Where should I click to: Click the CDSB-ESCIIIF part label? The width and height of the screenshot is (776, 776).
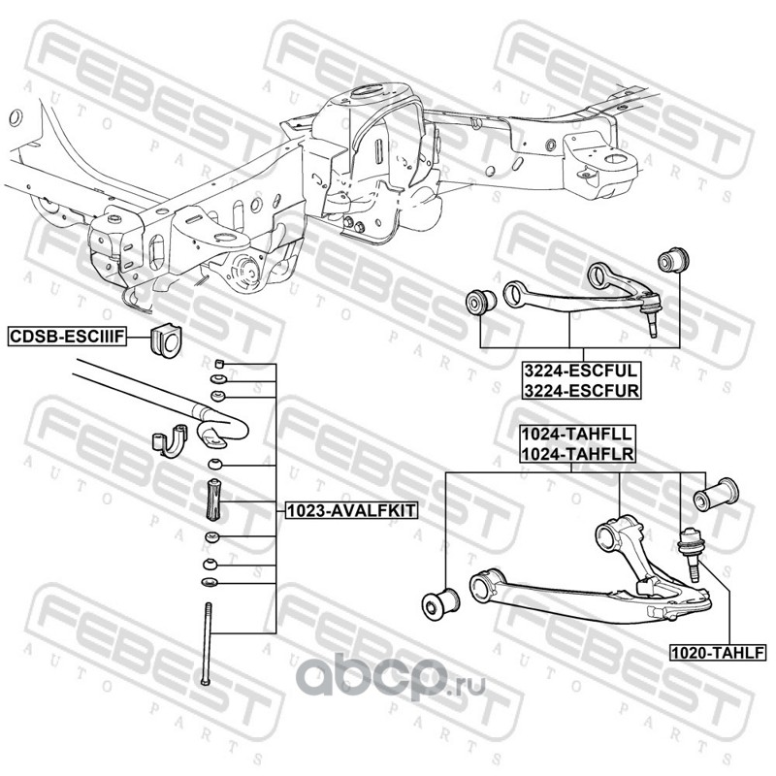(63, 337)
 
